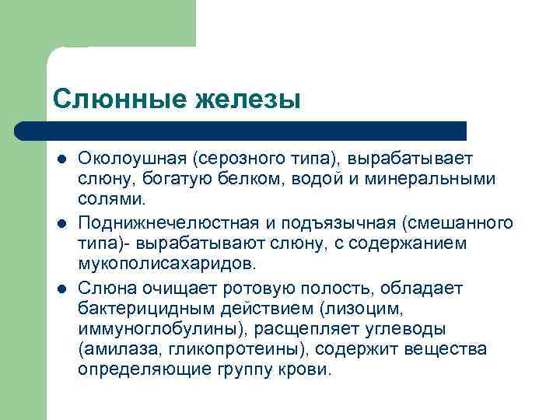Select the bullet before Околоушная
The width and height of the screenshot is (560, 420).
(x=61, y=159)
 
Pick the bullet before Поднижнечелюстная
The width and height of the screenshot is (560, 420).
(x=61, y=224)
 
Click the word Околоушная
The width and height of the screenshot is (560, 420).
(x=129, y=159)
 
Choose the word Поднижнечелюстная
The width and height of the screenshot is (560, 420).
(x=164, y=223)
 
